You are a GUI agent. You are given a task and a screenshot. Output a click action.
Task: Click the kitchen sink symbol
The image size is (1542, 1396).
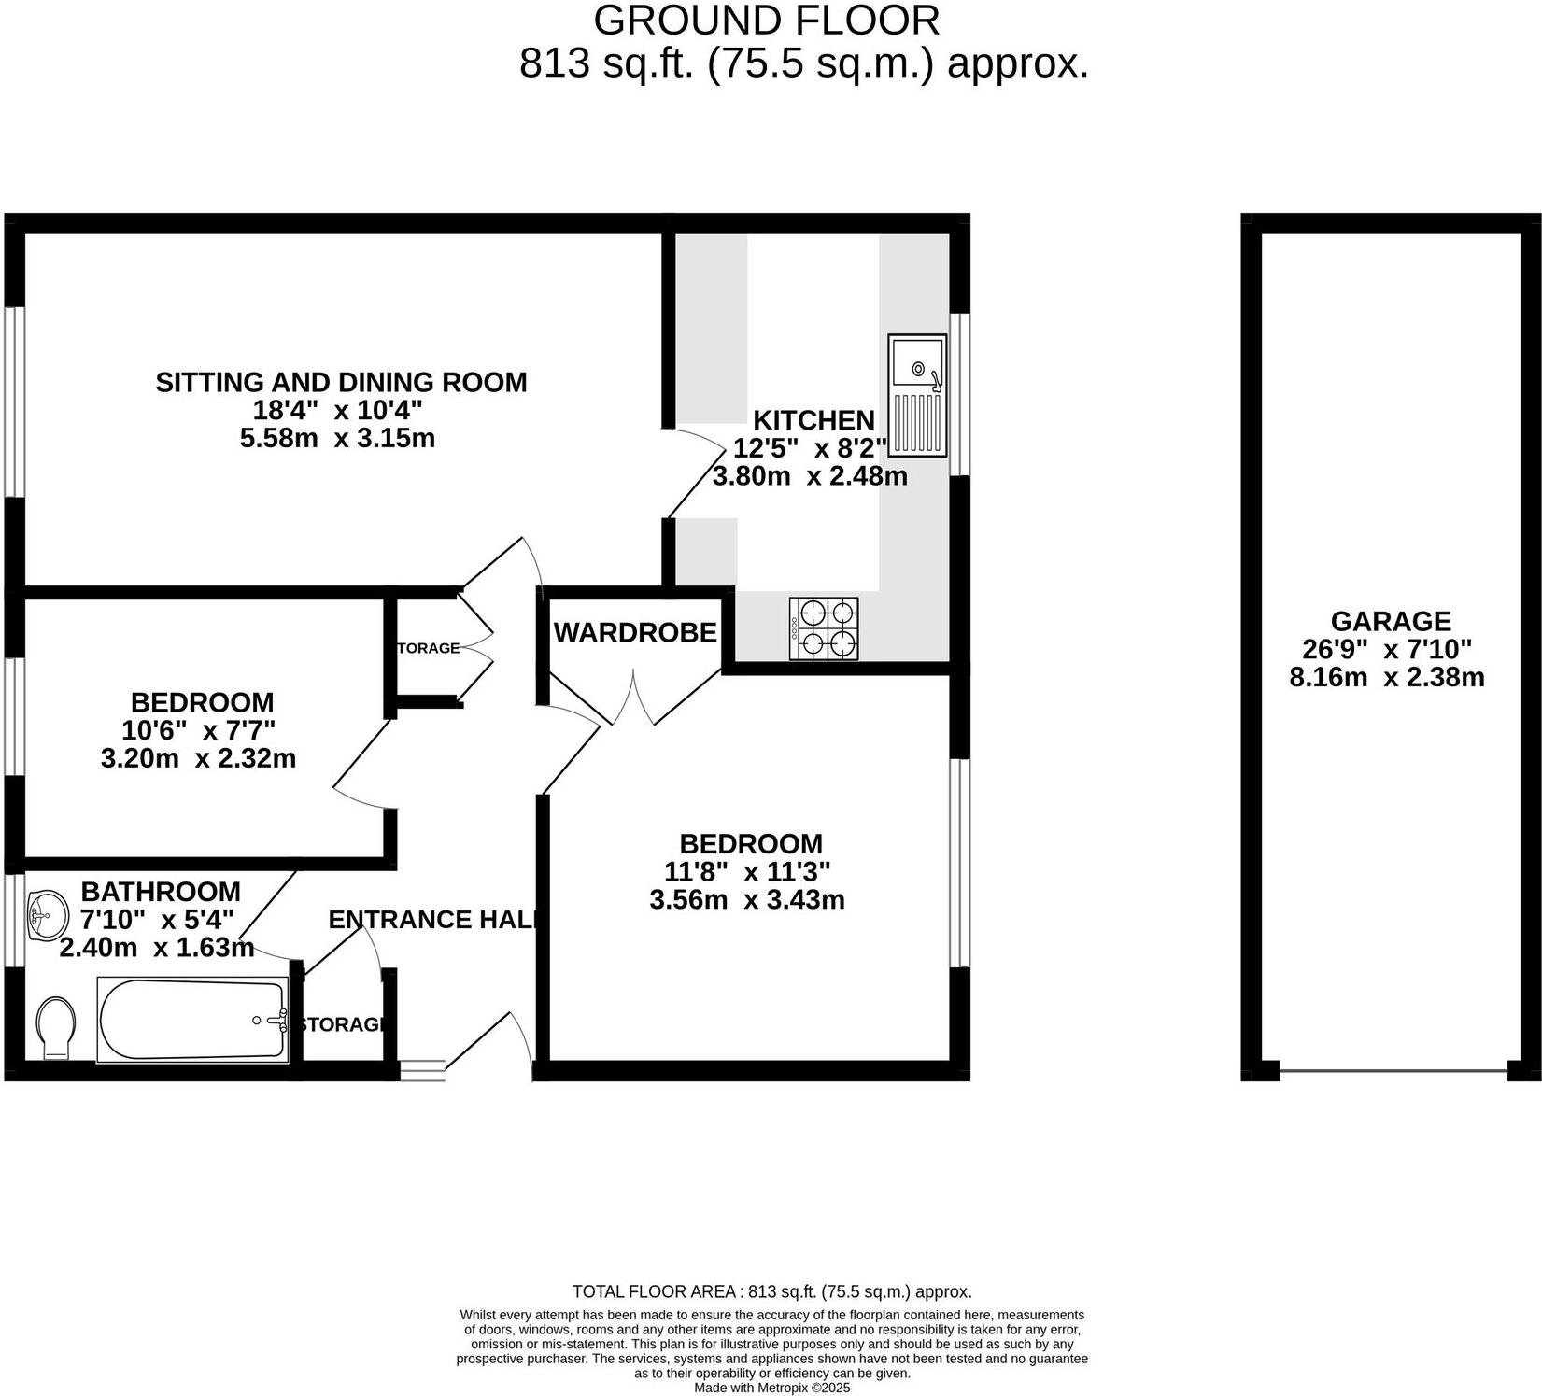tap(917, 396)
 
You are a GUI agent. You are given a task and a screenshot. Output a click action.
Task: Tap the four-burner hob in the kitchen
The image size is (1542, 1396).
tap(824, 628)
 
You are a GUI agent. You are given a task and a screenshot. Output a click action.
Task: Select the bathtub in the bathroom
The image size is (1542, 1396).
tap(193, 1019)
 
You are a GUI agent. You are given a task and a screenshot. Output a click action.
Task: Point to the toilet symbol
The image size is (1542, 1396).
tap(57, 1028)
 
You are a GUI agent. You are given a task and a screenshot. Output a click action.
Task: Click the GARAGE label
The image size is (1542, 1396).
tap(1390, 621)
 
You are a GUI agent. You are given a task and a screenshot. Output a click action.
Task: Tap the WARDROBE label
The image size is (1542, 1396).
tap(635, 633)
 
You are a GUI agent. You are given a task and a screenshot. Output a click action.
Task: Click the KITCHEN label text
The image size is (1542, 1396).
tap(813, 420)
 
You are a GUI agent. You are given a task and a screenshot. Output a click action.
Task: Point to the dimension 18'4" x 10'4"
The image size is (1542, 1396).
tap(337, 410)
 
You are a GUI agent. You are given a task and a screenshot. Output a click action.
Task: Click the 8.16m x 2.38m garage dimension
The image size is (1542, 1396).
tap(1386, 677)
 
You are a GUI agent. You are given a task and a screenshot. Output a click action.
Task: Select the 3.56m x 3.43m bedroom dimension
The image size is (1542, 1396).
tap(746, 900)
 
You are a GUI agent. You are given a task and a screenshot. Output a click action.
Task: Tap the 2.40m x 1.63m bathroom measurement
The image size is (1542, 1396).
tap(157, 948)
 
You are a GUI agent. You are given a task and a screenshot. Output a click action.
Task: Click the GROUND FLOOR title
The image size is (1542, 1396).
tap(767, 21)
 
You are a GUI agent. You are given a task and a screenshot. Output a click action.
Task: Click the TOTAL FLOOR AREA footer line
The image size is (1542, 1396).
tap(771, 1292)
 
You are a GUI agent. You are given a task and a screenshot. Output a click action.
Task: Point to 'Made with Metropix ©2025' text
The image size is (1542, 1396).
tap(771, 1389)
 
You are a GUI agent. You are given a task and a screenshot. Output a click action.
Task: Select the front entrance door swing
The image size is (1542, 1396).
tap(495, 1041)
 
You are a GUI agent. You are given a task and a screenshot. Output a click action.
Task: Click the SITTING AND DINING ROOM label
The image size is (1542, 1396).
tap(341, 382)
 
